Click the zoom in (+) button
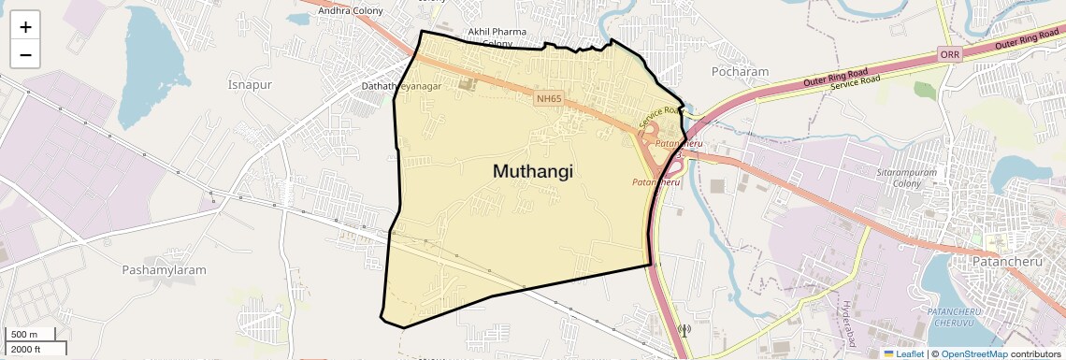click(25, 28)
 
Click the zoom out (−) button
click(25, 55)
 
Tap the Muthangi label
click(532, 171)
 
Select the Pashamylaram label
click(164, 269)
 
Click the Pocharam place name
click(740, 71)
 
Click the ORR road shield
click(950, 55)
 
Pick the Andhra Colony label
click(353, 11)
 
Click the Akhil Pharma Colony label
click(497, 36)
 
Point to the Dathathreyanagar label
click(414, 86)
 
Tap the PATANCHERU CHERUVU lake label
click(952, 316)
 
